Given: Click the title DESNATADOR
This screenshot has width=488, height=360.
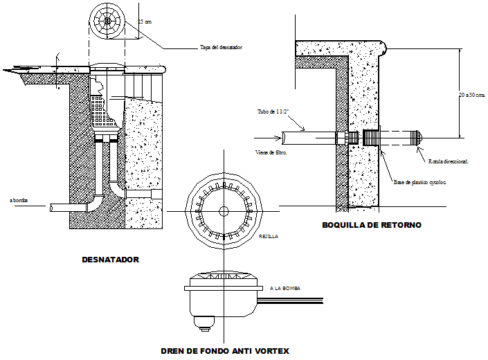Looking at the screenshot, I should point(110,260).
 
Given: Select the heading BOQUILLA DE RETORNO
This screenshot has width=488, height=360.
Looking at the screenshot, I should point(371,225).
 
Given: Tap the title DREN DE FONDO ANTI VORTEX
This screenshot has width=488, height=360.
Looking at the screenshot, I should point(224,350).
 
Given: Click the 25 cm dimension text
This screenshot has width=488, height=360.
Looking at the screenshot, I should point(144,22).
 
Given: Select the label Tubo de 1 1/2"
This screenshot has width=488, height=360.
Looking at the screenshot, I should point(272,111).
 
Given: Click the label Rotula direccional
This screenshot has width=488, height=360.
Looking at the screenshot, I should point(448,161).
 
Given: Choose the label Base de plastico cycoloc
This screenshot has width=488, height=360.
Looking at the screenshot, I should point(420,183).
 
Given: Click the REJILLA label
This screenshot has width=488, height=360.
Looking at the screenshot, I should point(269,236).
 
